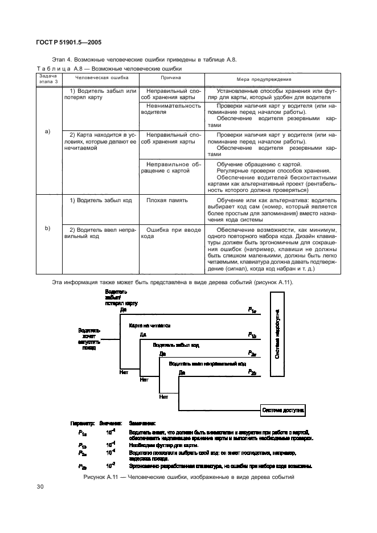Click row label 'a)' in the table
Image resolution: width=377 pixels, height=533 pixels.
[x=48, y=132]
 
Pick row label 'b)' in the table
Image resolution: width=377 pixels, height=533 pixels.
[x=48, y=228]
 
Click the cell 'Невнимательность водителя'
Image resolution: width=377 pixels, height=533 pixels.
[x=174, y=109]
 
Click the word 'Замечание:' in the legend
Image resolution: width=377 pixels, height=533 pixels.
[x=142, y=423]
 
